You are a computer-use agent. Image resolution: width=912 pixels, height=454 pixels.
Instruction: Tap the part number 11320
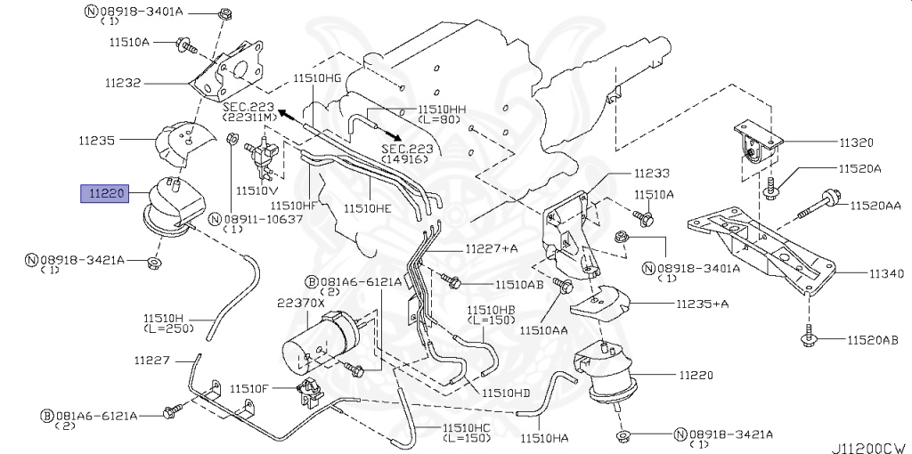pyautogui.click(x=855, y=142)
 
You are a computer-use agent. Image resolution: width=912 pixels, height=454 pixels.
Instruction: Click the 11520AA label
pyautogui.click(x=875, y=206)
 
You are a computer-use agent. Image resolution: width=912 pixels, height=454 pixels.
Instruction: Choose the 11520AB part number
pyautogui.click(x=874, y=340)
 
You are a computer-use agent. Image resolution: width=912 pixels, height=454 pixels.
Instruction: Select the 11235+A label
pyautogui.click(x=701, y=304)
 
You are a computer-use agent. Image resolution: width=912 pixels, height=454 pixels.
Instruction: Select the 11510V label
pyautogui.click(x=256, y=191)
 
